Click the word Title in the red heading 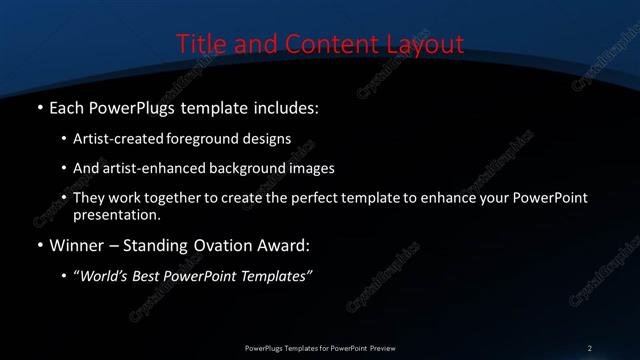point(199,45)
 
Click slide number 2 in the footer point(590,347)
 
